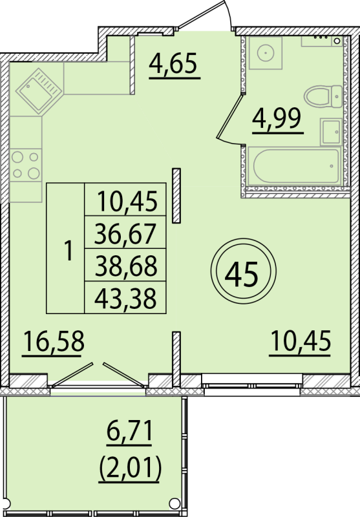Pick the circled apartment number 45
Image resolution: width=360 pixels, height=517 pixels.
click(x=243, y=271)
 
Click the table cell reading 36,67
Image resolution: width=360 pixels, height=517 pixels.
click(x=125, y=233)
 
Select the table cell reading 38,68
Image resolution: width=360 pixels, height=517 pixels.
click(x=125, y=266)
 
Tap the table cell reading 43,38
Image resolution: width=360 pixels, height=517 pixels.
click(x=125, y=298)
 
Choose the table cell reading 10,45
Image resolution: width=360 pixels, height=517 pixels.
click(x=125, y=200)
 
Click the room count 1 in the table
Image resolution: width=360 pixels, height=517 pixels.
click(x=69, y=251)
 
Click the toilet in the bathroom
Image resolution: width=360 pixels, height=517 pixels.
click(x=323, y=96)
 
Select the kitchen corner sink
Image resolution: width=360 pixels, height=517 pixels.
click(x=39, y=91)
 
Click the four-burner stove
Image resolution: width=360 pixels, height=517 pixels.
click(x=26, y=165)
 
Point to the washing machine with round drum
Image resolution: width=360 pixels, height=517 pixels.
click(x=266, y=53)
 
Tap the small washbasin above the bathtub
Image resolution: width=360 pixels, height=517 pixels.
click(x=331, y=132)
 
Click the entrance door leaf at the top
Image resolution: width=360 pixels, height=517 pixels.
click(x=201, y=15)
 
